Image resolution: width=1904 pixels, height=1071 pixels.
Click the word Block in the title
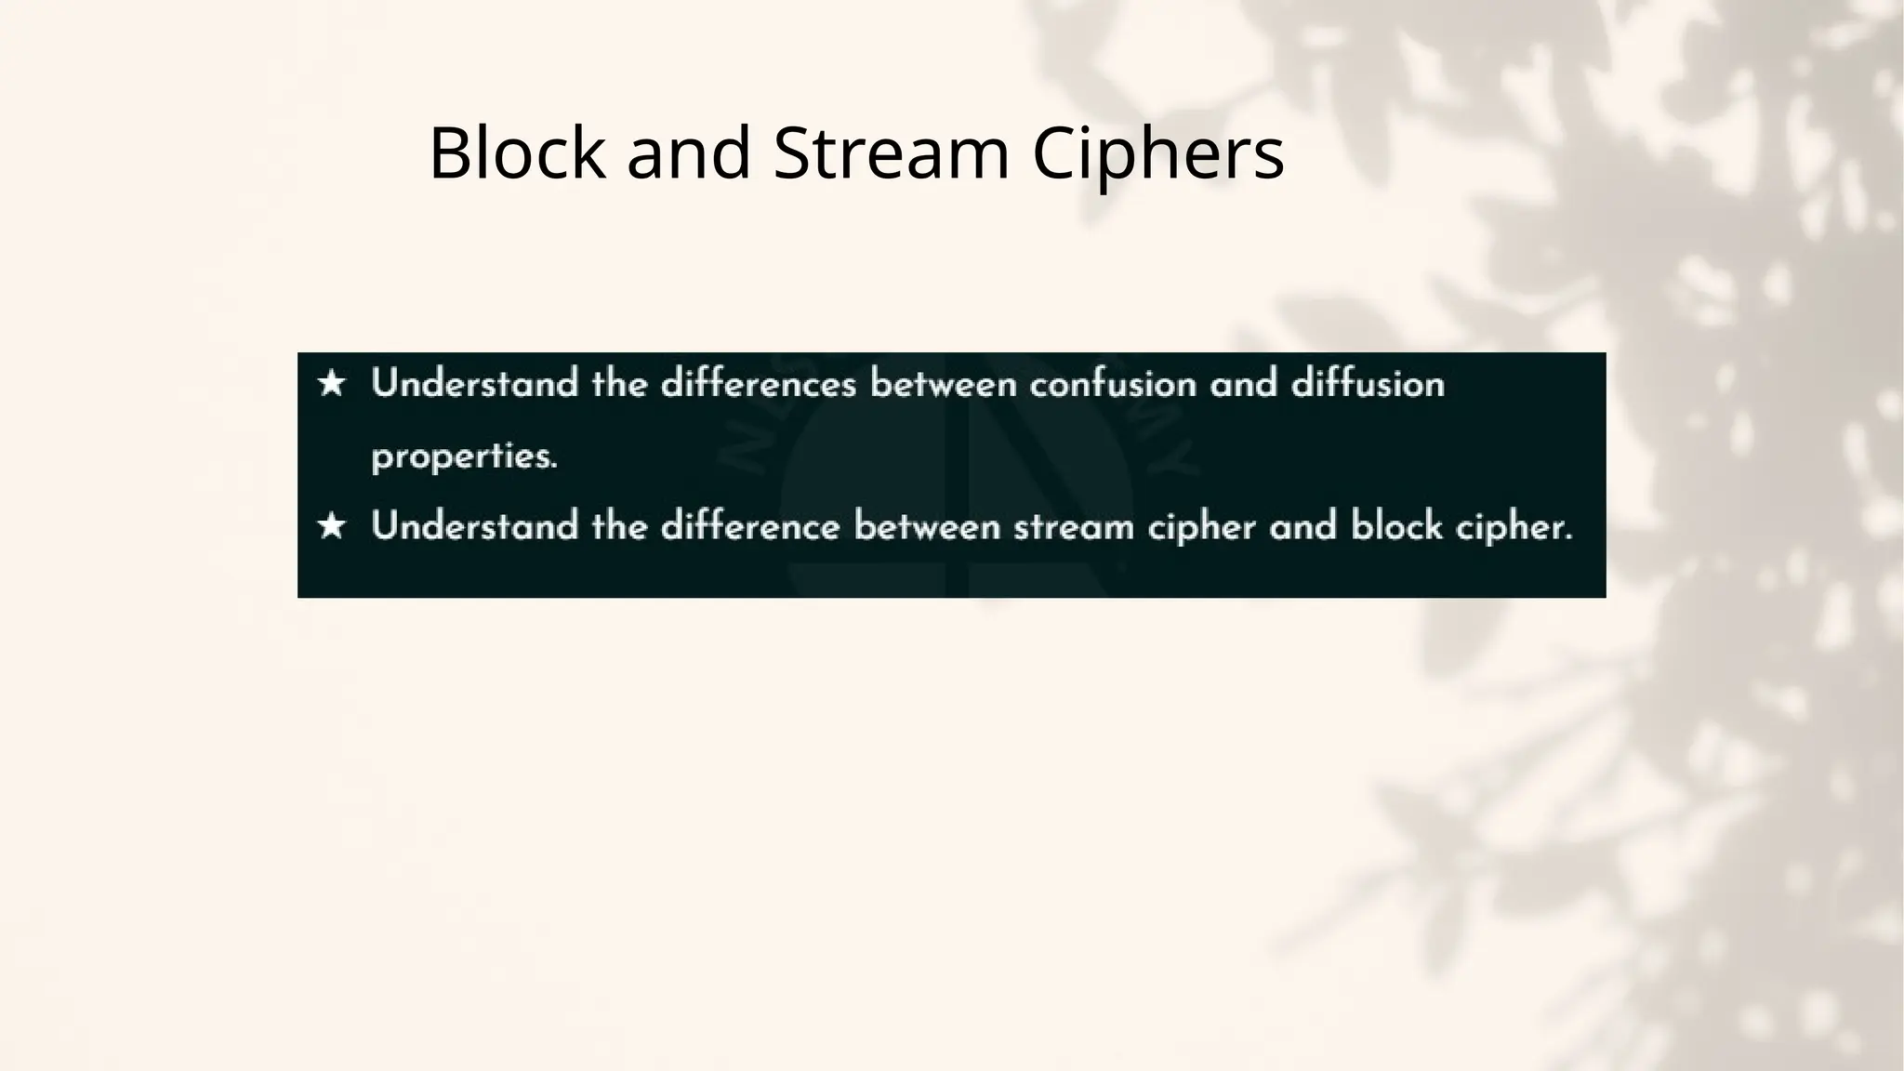pos(517,152)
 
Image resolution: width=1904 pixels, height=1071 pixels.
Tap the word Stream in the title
pos(891,152)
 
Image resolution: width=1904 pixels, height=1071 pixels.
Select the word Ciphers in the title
pos(1158,154)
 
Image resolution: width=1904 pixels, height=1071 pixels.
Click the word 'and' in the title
pos(688,152)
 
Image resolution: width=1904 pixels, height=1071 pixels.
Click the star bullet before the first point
pos(332,384)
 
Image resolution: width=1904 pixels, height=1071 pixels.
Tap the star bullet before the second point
pos(332,527)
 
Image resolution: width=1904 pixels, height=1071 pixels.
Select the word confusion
pos(1113,384)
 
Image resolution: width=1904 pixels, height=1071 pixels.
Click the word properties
pos(464,456)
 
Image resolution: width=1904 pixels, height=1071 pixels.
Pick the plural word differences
pos(758,384)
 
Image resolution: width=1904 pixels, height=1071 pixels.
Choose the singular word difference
pos(750,527)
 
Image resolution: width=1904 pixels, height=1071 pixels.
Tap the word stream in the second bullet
pos(1073,527)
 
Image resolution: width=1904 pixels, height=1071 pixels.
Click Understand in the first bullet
pos(474,384)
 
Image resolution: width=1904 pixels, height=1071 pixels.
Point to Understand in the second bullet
pos(474,527)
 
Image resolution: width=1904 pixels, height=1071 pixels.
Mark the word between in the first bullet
pos(944,384)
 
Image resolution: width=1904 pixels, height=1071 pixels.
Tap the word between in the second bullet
pos(927,527)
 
